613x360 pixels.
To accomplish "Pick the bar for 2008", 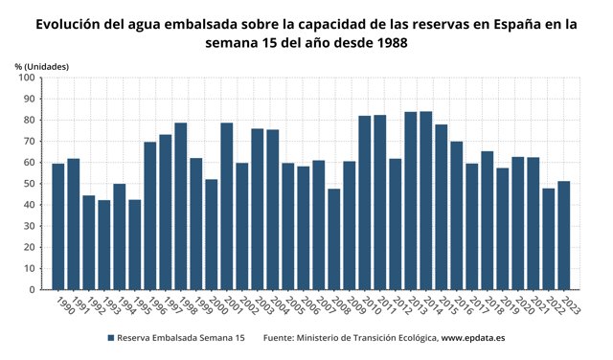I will coord(334,239).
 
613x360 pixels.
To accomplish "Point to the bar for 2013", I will coord(411,201).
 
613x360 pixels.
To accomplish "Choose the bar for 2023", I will coord(564,236).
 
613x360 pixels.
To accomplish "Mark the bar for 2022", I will coord(549,238).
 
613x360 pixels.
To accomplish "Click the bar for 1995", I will coord(135,244).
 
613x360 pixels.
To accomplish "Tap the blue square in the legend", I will coord(111,338).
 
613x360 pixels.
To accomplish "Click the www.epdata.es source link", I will coord(473,338).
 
